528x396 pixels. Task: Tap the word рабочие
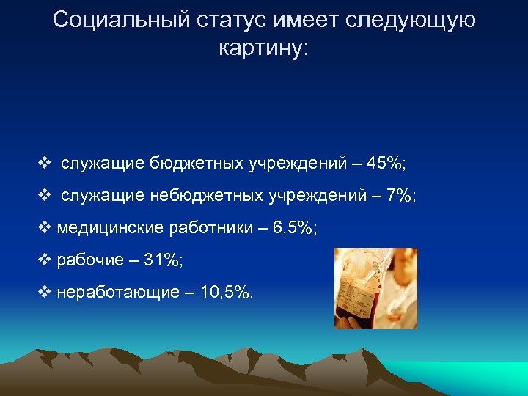pos(86,260)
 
